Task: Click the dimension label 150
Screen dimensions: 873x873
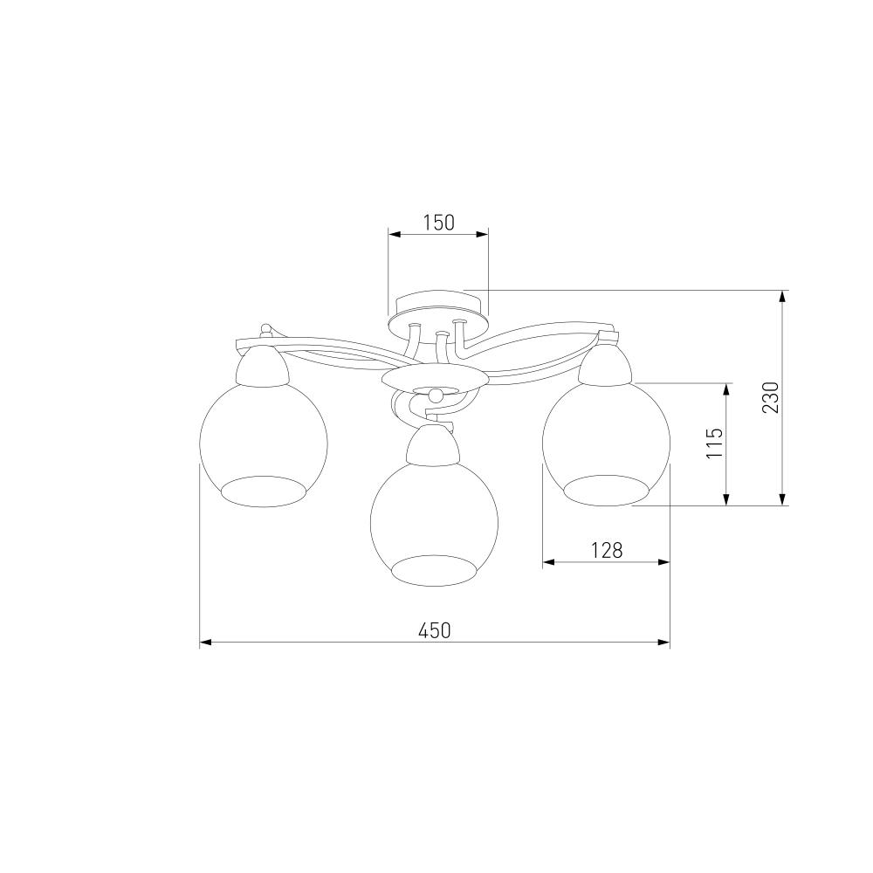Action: (x=439, y=223)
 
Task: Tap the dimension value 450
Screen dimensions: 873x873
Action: (x=434, y=631)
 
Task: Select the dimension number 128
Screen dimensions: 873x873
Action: (x=607, y=551)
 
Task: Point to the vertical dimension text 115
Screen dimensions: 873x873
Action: (x=714, y=443)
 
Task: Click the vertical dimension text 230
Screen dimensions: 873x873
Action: (x=771, y=397)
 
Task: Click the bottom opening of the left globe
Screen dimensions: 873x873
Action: (x=264, y=491)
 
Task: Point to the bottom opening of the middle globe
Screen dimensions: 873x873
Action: (x=434, y=570)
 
